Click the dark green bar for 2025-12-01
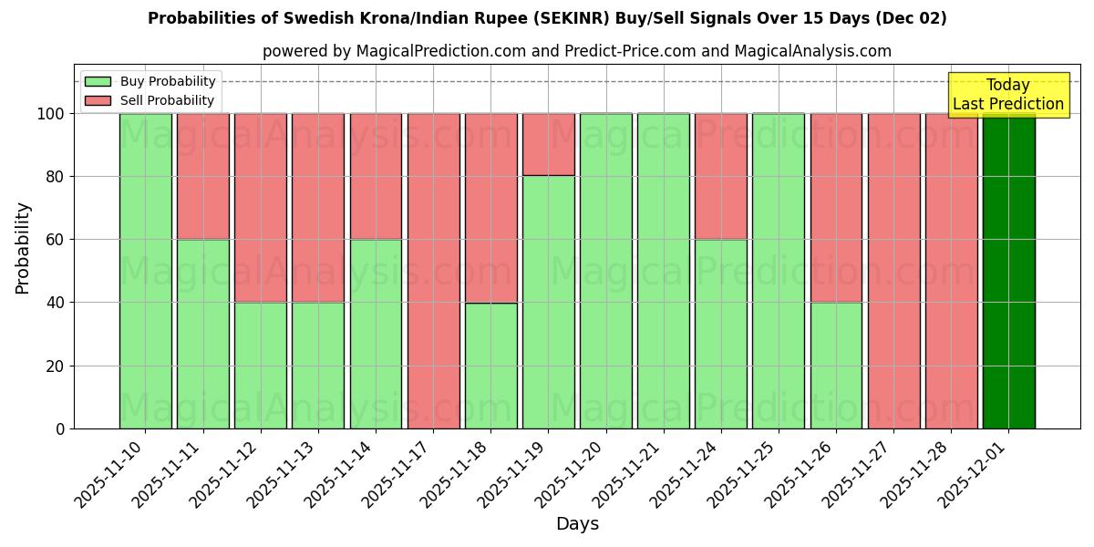[1008, 271]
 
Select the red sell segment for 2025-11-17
[433, 271]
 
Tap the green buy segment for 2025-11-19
[548, 302]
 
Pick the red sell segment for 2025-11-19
[548, 145]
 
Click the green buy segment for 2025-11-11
[202, 334]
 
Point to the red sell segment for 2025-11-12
[260, 208]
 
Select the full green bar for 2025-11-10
[145, 271]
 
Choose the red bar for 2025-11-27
[893, 271]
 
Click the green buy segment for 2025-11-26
[836, 365]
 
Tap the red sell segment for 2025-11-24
[720, 177]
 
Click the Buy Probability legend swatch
[98, 82]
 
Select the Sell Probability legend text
[167, 101]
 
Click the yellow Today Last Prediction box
[1007, 95]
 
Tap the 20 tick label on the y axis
[57, 366]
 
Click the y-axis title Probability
[23, 248]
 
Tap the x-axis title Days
[577, 524]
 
